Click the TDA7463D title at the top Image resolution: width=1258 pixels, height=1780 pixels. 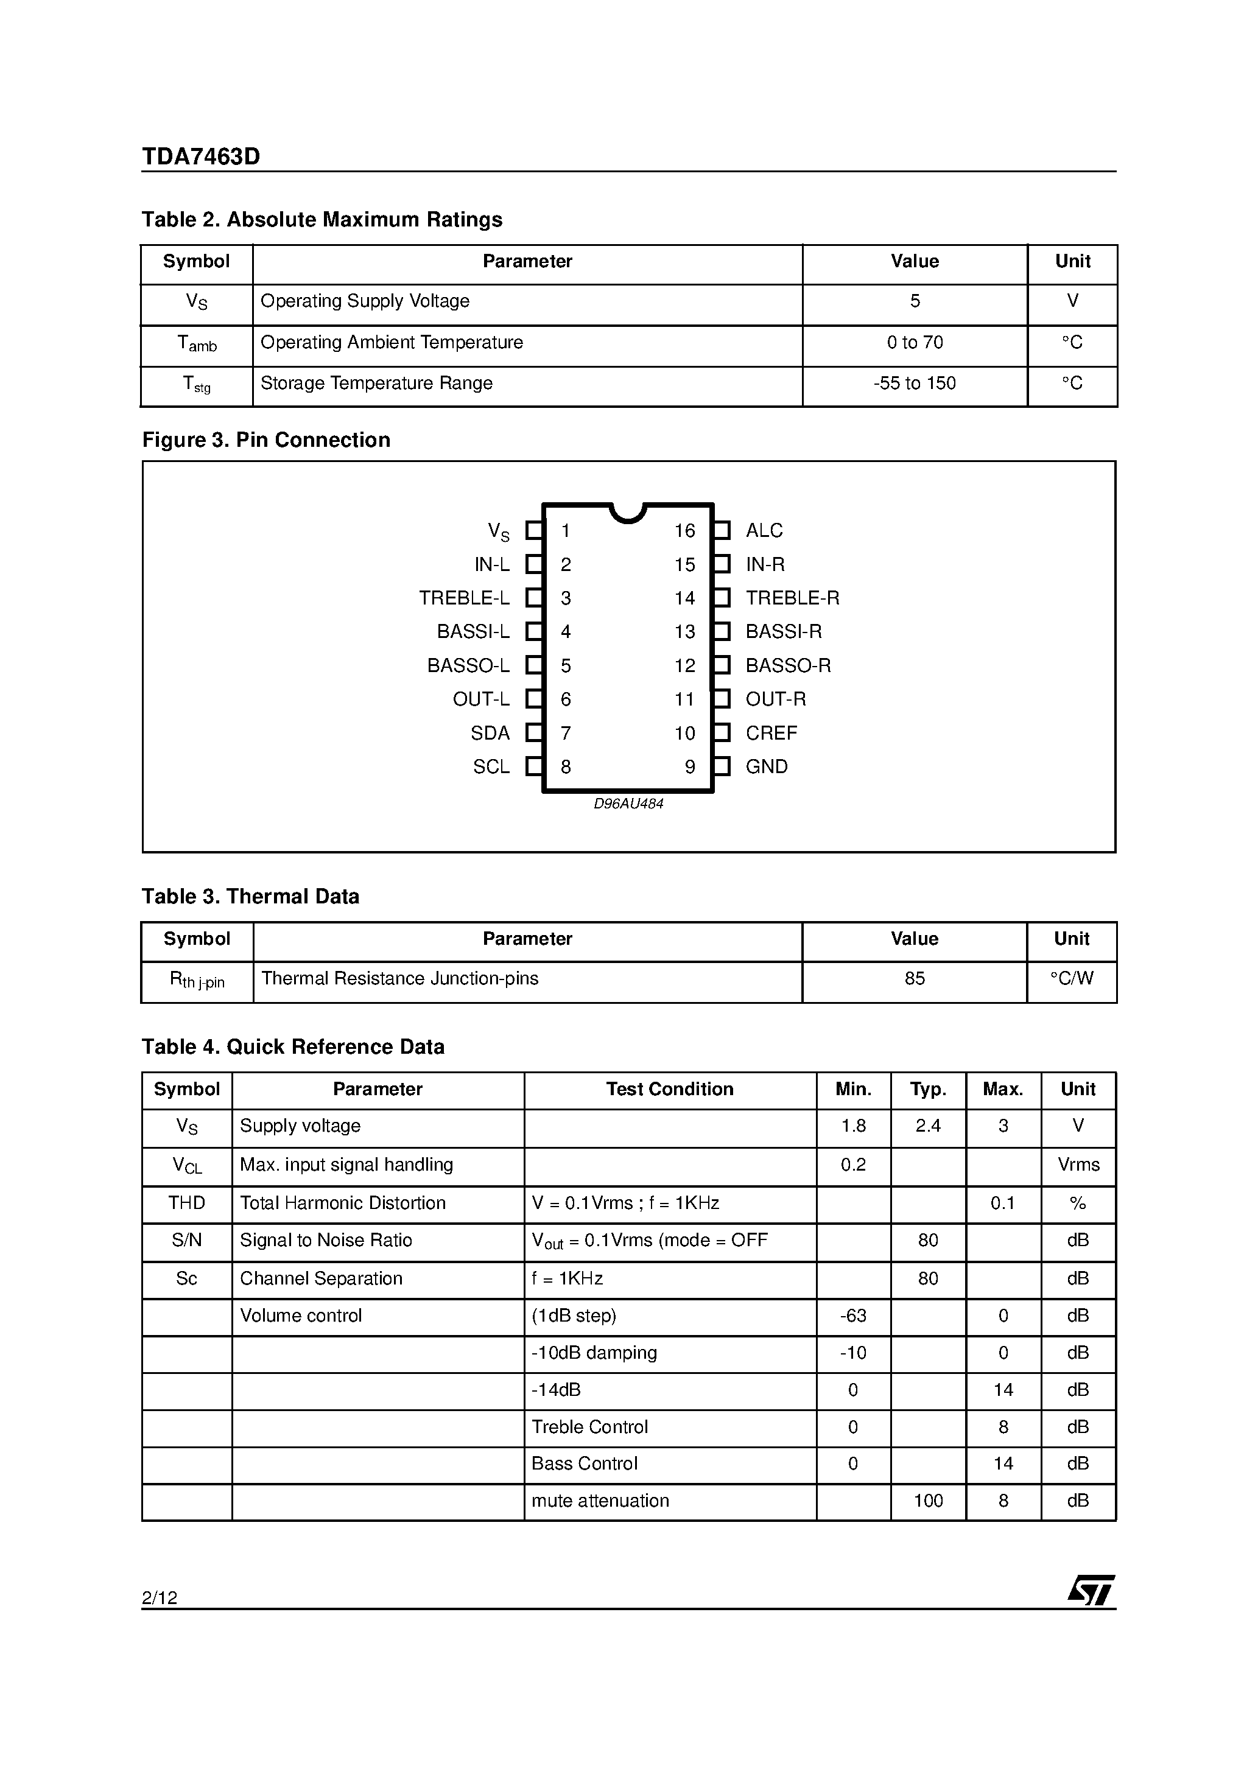pyautogui.click(x=201, y=156)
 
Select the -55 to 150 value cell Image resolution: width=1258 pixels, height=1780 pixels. pyautogui.click(x=915, y=384)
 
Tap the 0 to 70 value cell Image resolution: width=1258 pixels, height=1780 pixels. pyautogui.click(x=915, y=343)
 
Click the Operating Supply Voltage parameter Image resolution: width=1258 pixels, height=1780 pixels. pyautogui.click(x=365, y=301)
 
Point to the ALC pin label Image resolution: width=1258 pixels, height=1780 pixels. pyautogui.click(x=764, y=531)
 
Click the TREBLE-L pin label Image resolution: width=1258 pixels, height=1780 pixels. pyautogui.click(x=464, y=598)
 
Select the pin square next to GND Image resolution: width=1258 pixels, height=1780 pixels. pyautogui.click(x=722, y=767)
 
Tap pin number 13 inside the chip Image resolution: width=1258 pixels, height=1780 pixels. pyautogui.click(x=684, y=632)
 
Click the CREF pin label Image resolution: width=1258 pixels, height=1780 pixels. pyautogui.click(x=771, y=734)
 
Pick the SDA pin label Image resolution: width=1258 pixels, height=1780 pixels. pyautogui.click(x=490, y=734)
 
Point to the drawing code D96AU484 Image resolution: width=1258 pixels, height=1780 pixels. pyautogui.click(x=628, y=804)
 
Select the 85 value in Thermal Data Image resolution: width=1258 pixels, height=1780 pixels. pyautogui.click(x=915, y=979)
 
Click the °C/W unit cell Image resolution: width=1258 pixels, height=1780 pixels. pyautogui.click(x=1071, y=979)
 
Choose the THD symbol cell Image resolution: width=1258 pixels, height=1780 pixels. pyautogui.click(x=187, y=1204)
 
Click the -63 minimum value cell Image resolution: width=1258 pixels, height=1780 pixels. pyautogui.click(x=853, y=1316)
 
